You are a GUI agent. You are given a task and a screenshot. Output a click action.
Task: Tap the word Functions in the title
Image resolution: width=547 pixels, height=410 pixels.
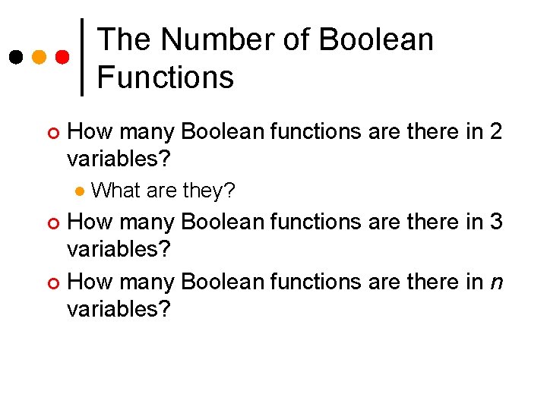coord(166,77)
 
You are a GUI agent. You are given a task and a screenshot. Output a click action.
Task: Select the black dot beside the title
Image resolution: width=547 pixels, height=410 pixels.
coord(16,56)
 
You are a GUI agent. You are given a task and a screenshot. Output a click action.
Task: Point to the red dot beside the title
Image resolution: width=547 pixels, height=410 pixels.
coord(64,56)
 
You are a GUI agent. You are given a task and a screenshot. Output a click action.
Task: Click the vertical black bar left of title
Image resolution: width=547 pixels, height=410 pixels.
coord(83,57)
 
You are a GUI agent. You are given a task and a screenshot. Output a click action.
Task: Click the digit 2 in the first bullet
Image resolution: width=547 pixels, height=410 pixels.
coord(495,131)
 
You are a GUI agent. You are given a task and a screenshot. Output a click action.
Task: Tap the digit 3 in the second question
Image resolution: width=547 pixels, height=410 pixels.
coord(495,222)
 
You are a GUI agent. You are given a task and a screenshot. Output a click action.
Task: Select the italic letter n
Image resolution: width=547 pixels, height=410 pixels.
coord(495,282)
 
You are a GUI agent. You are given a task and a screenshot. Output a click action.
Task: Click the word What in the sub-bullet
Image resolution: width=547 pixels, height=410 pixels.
coord(115,190)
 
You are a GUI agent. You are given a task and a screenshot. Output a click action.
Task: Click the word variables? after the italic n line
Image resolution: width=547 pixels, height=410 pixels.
coord(119,310)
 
